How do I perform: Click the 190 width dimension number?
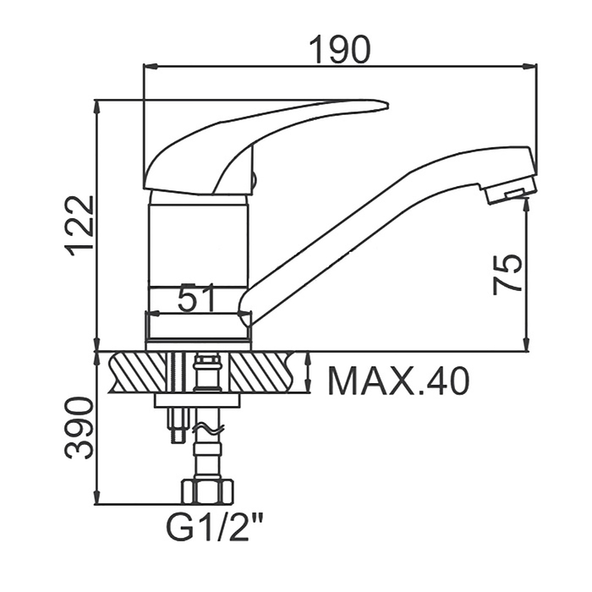(x=340, y=49)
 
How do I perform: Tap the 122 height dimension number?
(x=79, y=227)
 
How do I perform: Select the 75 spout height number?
(x=507, y=274)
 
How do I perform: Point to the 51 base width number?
(x=196, y=298)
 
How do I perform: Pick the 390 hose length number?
(x=79, y=427)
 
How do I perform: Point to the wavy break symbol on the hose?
(x=208, y=428)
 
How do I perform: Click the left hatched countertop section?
(x=138, y=372)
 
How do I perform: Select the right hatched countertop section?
(x=262, y=372)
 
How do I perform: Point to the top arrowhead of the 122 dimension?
(x=97, y=107)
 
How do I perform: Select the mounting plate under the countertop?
(x=197, y=400)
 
